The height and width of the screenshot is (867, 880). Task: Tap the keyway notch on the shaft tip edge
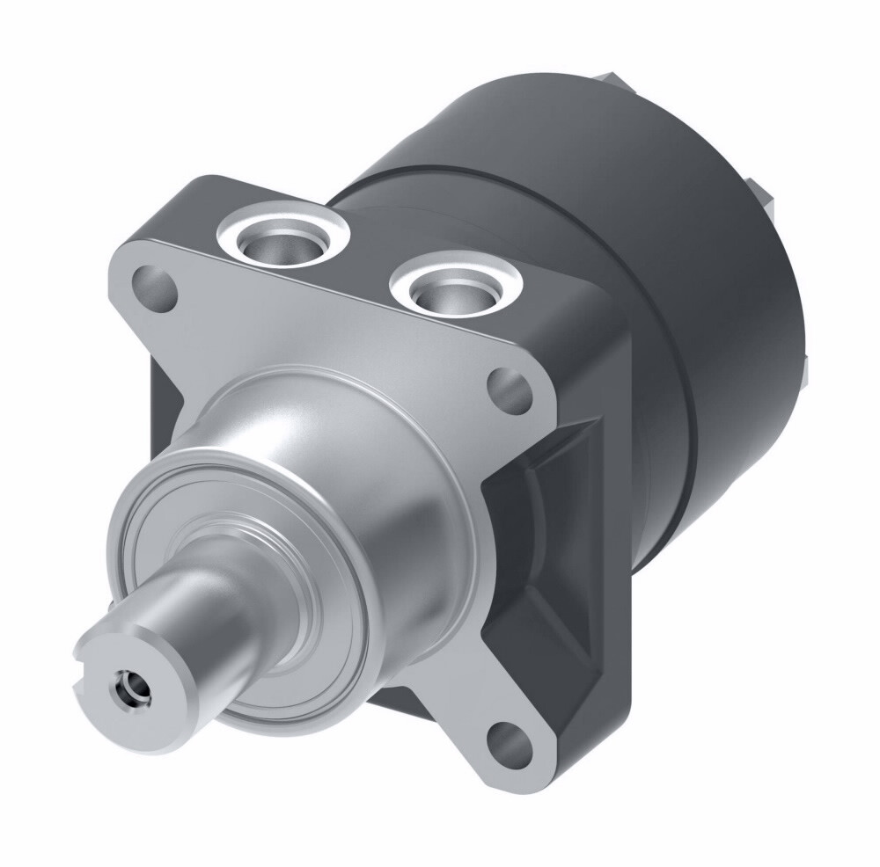pos(83,670)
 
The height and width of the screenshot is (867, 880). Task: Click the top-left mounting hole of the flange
pos(153,285)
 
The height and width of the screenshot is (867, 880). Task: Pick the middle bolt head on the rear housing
pos(761,198)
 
